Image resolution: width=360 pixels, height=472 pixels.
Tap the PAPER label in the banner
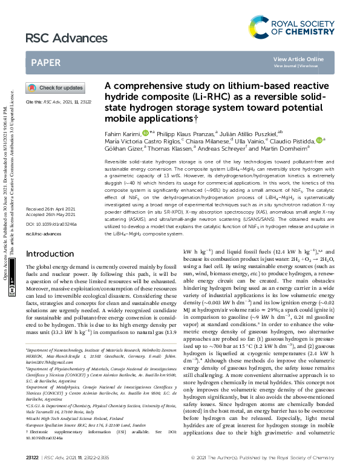(45, 62)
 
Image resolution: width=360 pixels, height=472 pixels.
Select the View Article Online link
(298, 59)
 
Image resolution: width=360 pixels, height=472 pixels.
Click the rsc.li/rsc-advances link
(44, 232)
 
